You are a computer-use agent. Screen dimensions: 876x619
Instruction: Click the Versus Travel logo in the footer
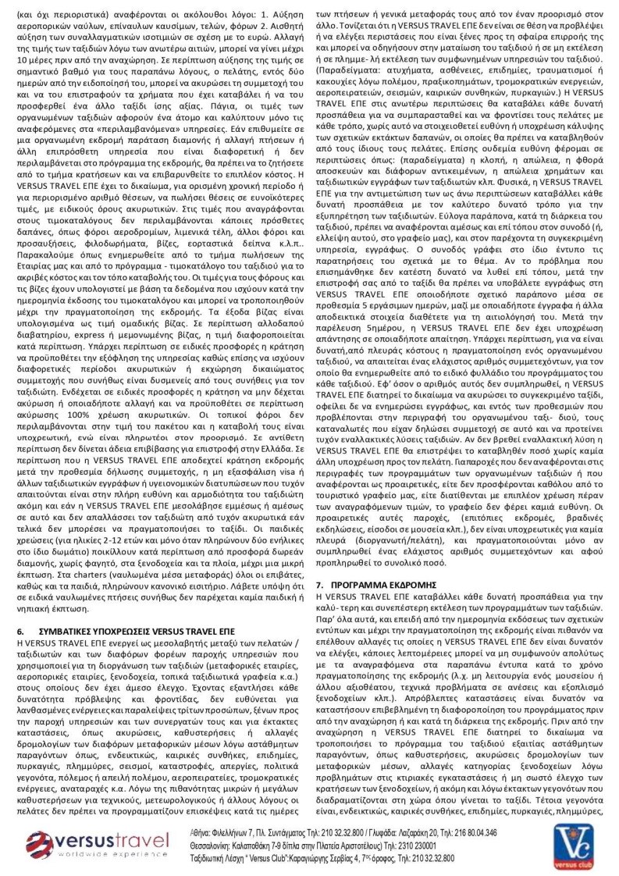pos(98,845)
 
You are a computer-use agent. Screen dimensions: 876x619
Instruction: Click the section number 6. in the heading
pos(20,629)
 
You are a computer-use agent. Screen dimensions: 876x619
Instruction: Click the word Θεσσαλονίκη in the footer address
pos(215,845)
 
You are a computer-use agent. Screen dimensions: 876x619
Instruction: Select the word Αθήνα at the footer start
pos(202,832)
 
